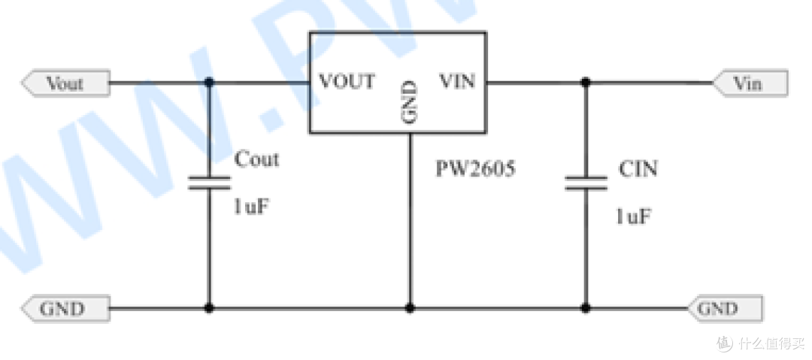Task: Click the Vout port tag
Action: click(65, 83)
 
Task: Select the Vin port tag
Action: click(750, 83)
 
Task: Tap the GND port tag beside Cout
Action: click(65, 309)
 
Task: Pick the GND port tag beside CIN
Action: click(726, 309)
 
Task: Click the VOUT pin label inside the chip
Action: click(347, 81)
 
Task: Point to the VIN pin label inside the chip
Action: click(457, 81)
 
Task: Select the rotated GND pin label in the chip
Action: click(409, 101)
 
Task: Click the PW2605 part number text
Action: click(475, 169)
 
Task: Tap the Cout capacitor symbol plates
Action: click(209, 183)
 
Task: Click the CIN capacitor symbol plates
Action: click(586, 183)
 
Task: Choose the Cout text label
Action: click(256, 159)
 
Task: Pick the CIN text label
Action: click(638, 169)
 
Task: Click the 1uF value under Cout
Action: click(251, 207)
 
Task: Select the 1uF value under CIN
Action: click(633, 216)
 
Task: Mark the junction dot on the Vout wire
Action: click(209, 83)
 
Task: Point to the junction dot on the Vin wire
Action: click(586, 83)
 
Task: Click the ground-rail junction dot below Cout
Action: click(209, 308)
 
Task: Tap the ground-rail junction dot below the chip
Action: click(410, 308)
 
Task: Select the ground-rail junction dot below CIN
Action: click(586, 308)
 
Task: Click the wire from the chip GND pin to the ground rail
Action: click(410, 220)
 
